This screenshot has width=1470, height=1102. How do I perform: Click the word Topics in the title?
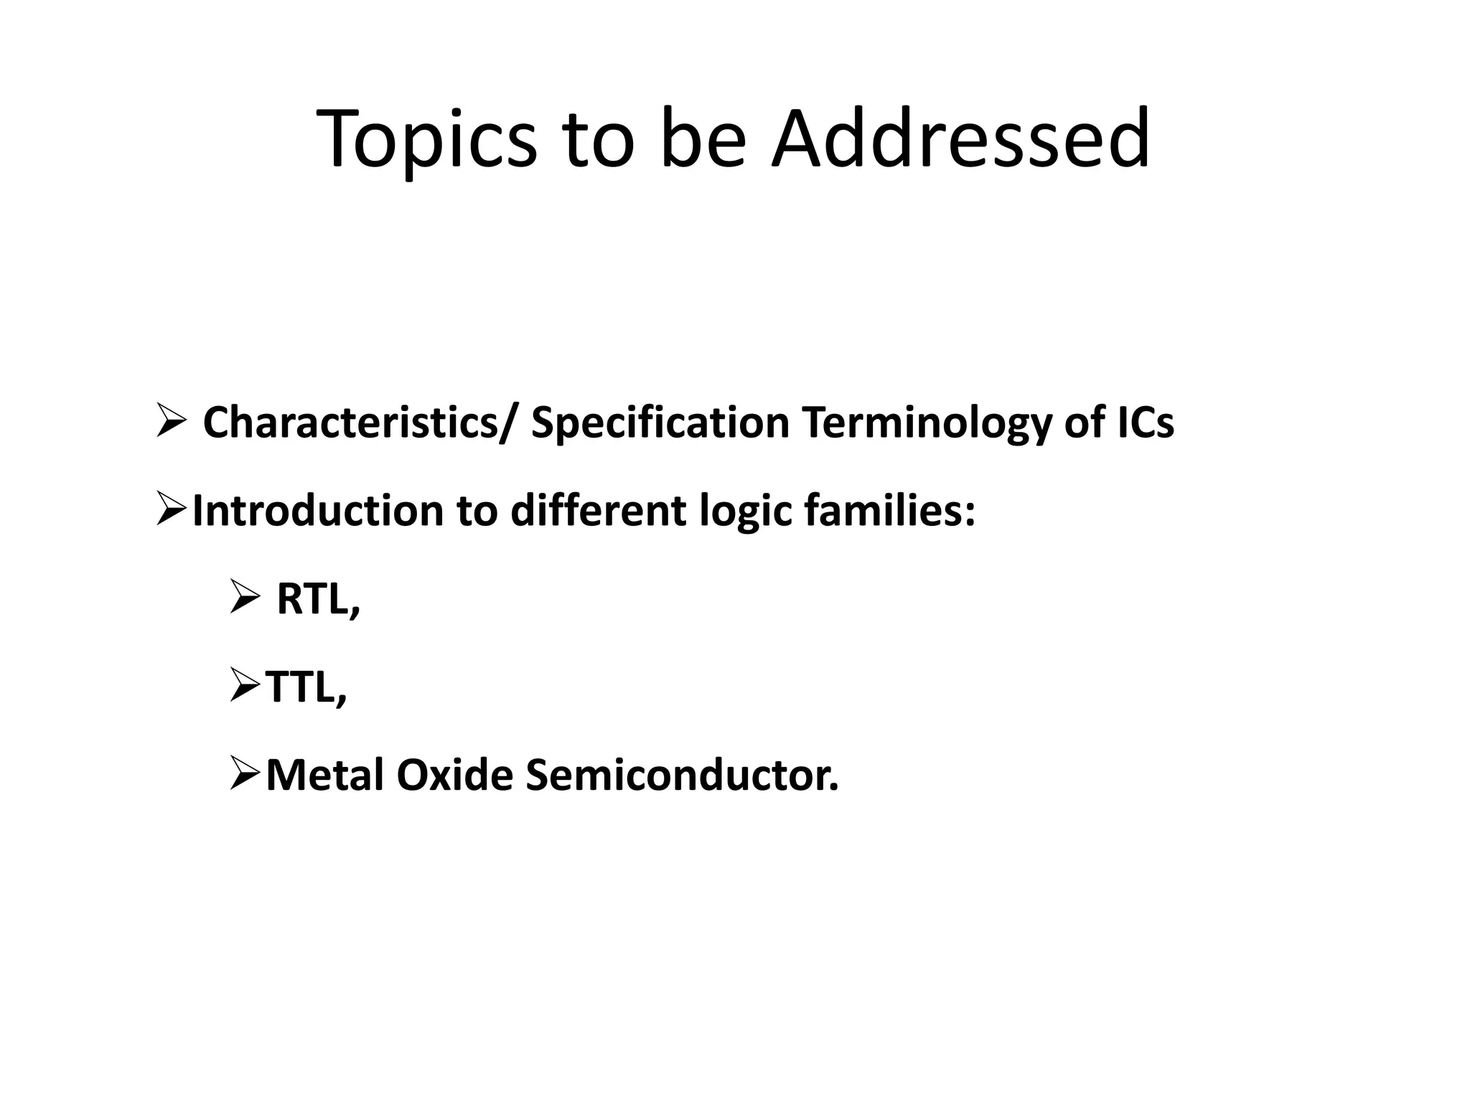pos(426,140)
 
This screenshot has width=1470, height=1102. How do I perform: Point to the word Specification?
pos(660,423)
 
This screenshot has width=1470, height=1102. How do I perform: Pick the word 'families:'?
pos(889,511)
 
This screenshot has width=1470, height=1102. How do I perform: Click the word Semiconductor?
pos(681,776)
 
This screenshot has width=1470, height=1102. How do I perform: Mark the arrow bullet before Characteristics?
pos(172,423)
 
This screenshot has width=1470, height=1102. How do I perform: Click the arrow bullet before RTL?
pos(246,599)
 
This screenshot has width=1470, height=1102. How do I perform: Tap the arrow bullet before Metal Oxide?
pos(245,776)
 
